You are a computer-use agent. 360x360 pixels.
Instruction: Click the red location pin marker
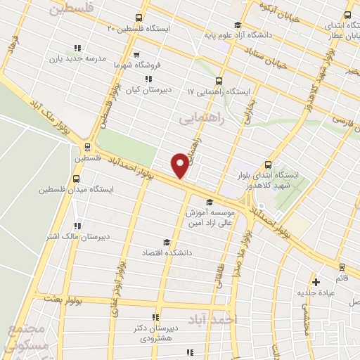(181, 165)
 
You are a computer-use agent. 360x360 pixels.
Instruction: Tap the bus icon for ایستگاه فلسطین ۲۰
(139, 18)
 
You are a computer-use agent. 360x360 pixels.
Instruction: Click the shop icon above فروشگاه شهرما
(136, 53)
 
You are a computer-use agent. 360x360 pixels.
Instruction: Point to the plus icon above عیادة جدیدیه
(316, 281)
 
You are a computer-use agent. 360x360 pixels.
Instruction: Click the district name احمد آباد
(234, 319)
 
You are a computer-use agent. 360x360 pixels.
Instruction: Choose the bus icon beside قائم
(342, 266)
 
